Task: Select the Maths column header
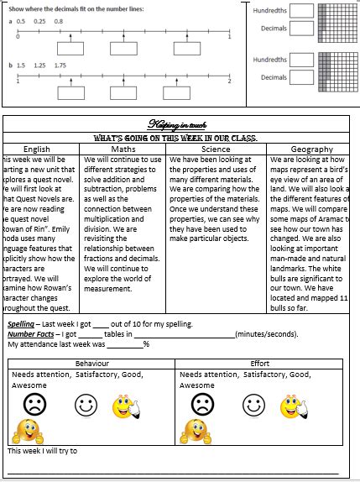pos(124,149)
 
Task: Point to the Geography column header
pos(311,149)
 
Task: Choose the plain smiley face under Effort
pos(253,406)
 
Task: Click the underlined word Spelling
pos(22,324)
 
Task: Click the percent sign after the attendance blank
pos(146,343)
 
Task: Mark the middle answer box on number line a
pos(123,49)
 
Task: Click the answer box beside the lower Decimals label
pos(302,77)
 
